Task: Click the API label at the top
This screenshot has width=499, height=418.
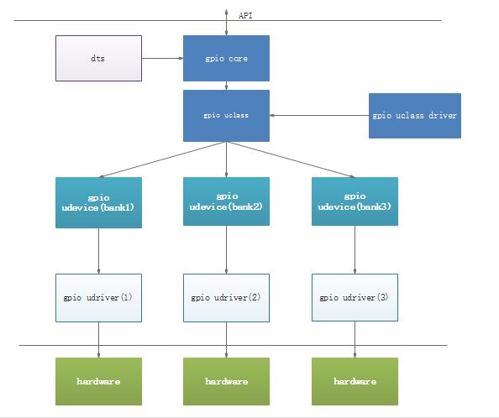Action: coord(245,15)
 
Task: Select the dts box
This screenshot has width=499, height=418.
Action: coord(98,59)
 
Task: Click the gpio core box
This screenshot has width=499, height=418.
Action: coord(226,59)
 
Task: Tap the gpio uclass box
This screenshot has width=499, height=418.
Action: coord(226,116)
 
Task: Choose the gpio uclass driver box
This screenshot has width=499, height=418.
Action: coord(414,116)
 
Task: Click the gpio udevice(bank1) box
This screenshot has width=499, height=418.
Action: coord(98,202)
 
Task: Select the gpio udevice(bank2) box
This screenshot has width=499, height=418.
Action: coord(226,202)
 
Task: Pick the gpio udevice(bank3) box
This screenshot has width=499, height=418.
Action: coord(354,202)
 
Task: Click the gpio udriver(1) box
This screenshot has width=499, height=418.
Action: coord(98,297)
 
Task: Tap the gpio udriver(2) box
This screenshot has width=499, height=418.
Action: coord(226,297)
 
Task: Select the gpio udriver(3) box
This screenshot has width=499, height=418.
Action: coord(354,297)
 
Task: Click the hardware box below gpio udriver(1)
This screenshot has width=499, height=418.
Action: coord(98,382)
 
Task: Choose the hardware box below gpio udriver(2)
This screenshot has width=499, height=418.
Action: coord(226,382)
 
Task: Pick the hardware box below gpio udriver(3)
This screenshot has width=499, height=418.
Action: coord(354,382)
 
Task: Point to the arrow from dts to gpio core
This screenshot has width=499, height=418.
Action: coord(162,59)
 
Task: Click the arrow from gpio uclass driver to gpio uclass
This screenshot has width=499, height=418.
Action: coord(319,116)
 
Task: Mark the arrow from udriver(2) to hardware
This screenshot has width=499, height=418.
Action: coord(226,340)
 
